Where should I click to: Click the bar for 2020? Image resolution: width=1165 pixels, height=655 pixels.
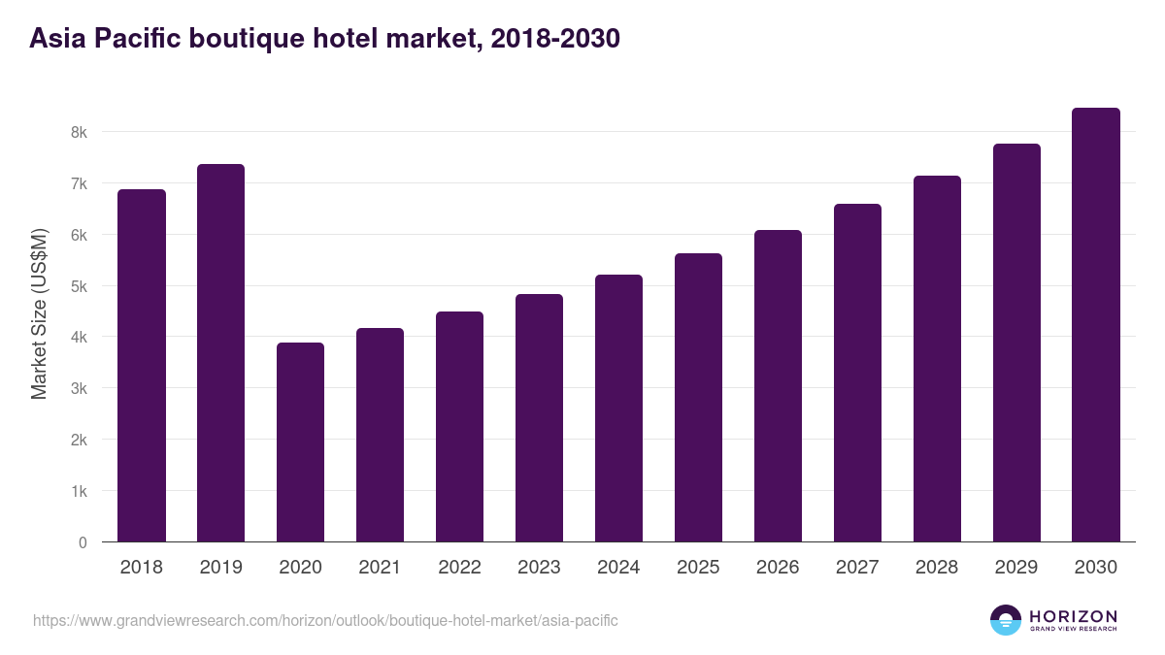point(300,442)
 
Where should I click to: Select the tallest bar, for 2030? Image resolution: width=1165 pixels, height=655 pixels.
point(1096,325)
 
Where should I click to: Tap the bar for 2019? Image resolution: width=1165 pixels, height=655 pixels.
point(220,353)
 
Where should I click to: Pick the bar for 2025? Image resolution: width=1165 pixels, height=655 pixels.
point(698,398)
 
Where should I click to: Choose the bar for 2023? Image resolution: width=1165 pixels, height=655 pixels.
point(539,418)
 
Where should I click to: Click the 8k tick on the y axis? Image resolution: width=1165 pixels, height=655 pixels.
point(77,132)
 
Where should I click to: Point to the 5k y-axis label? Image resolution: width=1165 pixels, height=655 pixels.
point(77,286)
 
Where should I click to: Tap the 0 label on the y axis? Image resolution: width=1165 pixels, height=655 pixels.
point(83,542)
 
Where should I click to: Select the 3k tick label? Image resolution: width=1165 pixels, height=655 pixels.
point(77,389)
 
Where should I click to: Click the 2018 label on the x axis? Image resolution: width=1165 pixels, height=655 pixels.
point(141,568)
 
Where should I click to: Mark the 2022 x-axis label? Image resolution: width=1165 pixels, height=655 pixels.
point(459,568)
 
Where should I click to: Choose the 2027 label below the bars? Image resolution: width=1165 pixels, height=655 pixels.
point(857,568)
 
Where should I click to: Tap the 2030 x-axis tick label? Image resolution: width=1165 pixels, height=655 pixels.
point(1096,568)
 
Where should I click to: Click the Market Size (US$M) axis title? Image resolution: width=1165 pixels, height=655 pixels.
point(39,313)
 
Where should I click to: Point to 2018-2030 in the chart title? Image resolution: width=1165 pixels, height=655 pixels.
point(555,39)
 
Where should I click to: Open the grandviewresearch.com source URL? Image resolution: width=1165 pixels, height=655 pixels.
point(325,620)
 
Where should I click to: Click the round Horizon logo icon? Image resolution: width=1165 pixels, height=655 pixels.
point(1006,620)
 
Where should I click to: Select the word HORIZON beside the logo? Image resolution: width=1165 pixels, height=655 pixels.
point(1073,616)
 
